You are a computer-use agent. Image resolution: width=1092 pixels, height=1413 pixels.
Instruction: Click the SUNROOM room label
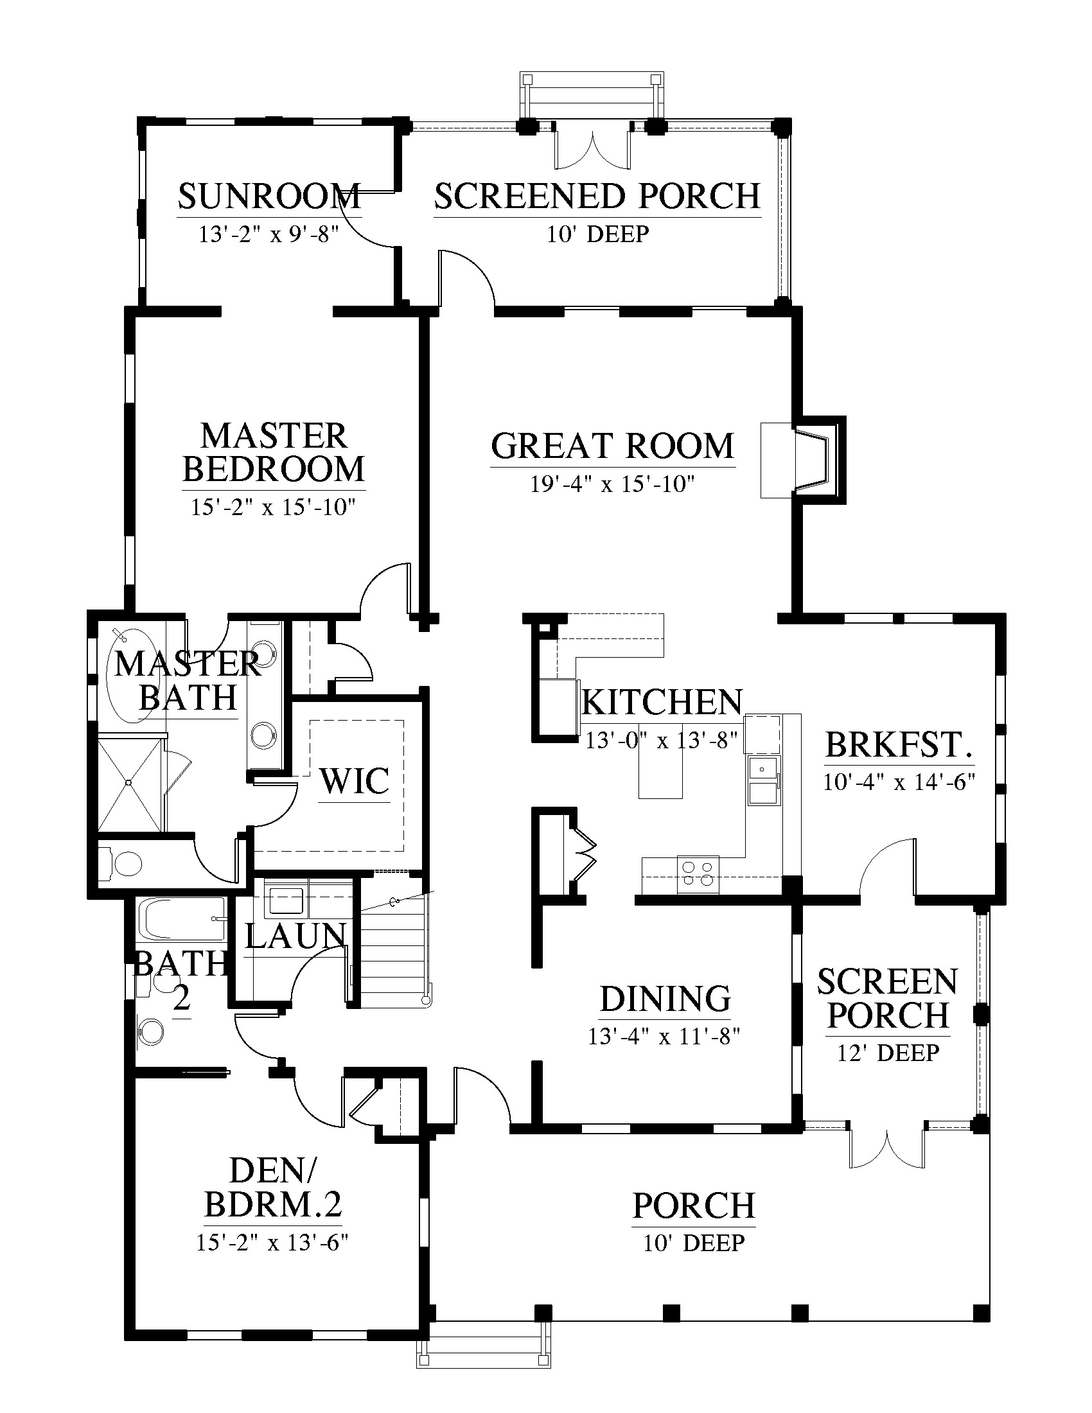(x=269, y=197)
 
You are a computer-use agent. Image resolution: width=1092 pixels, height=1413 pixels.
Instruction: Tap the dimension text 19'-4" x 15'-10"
(x=612, y=484)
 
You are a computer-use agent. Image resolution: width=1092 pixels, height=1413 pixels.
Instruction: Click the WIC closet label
(x=355, y=781)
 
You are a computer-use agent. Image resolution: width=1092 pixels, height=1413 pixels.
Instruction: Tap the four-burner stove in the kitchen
(x=698, y=873)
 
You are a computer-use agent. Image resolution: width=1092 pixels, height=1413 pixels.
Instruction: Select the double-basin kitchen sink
(x=764, y=779)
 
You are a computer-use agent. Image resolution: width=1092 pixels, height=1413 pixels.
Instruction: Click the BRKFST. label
(x=899, y=744)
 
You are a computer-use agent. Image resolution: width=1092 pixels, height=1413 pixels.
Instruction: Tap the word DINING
(x=665, y=999)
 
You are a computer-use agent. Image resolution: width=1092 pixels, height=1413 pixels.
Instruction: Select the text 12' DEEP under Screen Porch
(x=888, y=1053)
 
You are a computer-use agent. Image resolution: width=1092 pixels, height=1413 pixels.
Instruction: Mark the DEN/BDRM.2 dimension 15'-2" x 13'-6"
(x=272, y=1243)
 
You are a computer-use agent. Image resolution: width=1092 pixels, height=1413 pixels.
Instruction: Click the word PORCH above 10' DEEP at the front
(x=694, y=1206)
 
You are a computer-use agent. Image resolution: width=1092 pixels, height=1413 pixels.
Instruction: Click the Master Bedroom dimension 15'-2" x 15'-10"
(x=273, y=507)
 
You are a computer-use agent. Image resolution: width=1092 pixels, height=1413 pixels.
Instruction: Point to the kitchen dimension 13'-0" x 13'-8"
(x=661, y=739)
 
